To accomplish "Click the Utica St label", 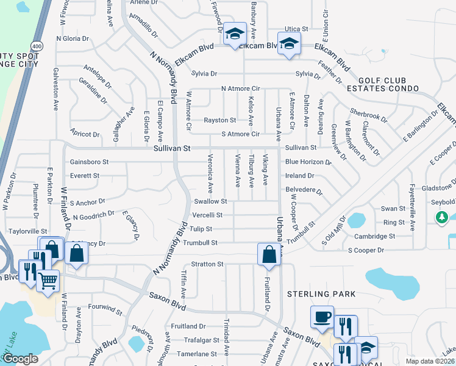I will [296, 29].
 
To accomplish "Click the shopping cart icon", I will [48, 281].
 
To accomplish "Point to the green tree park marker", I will [443, 217].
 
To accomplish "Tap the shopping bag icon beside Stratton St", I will [269, 254].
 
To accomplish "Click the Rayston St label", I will [219, 120].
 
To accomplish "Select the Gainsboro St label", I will [89, 162].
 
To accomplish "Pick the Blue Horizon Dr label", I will [308, 162].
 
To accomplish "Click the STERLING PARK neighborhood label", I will [322, 294].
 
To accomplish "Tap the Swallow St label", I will [210, 201].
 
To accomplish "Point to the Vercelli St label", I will [207, 215].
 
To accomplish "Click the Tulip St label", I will [201, 229].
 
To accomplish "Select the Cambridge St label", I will [376, 236].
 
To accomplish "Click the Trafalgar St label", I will [203, 340].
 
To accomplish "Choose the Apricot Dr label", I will [85, 134].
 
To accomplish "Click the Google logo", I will [20, 359].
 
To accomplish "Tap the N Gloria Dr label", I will [73, 38].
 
